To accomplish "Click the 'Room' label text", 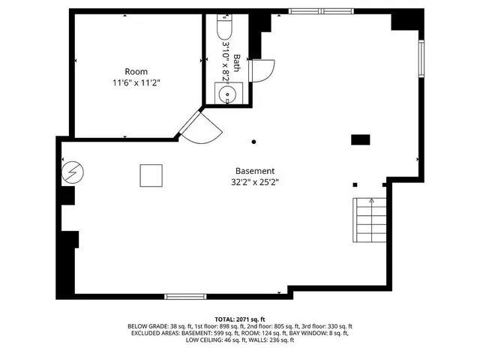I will pos(136,71).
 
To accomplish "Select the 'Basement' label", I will pos(255,170).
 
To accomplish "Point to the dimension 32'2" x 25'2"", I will pos(255,181).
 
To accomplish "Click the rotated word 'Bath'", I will pos(237,63).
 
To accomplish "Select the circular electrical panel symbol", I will pos(73,173).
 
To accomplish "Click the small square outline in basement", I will pos(151,175).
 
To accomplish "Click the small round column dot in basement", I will pos(253,141).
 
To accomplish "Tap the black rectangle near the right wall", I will pos(361,139).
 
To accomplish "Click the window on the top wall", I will pos(318,11).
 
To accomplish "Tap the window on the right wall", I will pos(422,63).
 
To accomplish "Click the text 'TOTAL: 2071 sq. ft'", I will pos(240,319).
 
